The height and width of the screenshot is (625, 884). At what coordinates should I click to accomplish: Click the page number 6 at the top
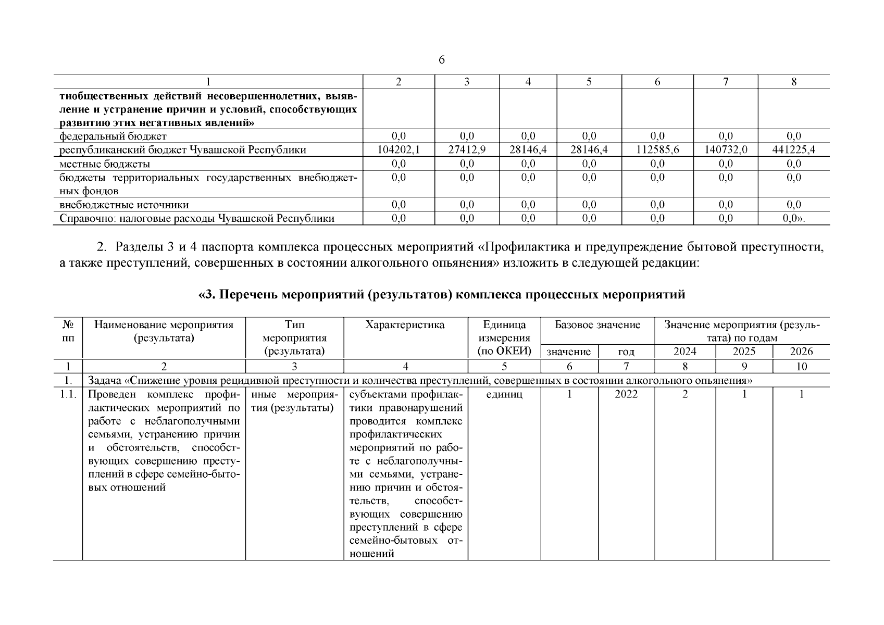[x=441, y=60]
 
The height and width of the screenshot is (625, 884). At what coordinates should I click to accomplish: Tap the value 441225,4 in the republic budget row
[x=793, y=150]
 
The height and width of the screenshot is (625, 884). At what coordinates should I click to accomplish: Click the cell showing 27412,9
[x=467, y=150]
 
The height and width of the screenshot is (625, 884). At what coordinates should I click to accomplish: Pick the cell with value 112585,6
[x=657, y=150]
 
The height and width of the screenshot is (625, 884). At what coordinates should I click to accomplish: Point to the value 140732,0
[x=726, y=150]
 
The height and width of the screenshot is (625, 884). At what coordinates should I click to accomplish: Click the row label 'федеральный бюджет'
[x=113, y=136]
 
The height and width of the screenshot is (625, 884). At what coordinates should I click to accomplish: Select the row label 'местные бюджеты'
[x=105, y=164]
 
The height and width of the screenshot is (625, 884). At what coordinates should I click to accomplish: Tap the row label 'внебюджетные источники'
[x=124, y=205]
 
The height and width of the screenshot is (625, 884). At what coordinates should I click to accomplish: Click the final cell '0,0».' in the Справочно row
[x=793, y=219]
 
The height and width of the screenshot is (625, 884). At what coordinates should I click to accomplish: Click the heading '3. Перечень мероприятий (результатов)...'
[x=441, y=295]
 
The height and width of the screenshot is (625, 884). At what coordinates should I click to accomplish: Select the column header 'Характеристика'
[x=405, y=325]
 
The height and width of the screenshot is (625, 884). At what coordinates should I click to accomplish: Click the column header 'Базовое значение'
[x=597, y=325]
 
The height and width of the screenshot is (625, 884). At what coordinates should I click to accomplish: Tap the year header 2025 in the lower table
[x=744, y=352]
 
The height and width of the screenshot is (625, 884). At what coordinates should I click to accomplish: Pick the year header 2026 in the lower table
[x=801, y=352]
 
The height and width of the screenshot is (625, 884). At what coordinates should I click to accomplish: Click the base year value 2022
[x=626, y=394]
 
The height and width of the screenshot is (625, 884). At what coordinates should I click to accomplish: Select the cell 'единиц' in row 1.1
[x=504, y=394]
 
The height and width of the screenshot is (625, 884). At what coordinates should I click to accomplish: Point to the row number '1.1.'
[x=68, y=394]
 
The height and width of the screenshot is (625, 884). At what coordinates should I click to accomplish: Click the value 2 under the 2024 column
[x=684, y=394]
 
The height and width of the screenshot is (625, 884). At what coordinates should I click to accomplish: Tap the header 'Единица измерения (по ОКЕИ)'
[x=504, y=338]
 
